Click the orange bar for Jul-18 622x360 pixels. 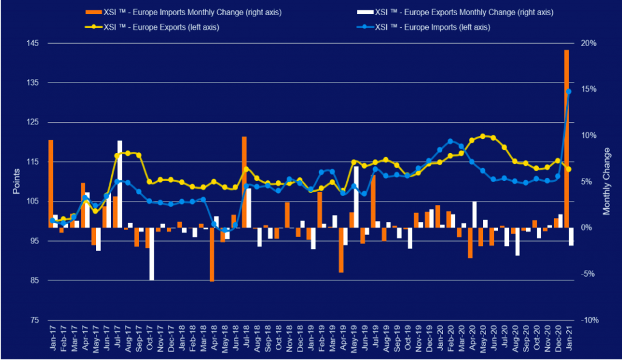coord(244,182)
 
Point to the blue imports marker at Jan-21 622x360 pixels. coord(569,92)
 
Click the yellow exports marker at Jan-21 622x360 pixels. coord(569,169)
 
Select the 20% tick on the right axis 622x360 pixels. coord(589,43)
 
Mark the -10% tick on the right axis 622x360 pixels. coord(590,320)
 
